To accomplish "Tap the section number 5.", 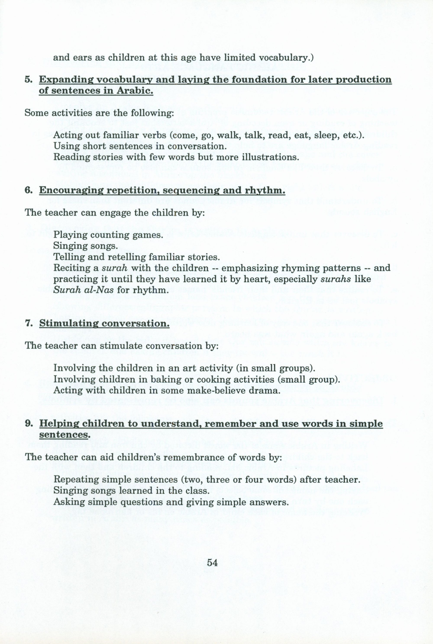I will tap(28, 79).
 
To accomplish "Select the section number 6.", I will tap(28, 191).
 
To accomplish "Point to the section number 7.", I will tap(28, 323).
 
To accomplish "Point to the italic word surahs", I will tap(336, 279).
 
